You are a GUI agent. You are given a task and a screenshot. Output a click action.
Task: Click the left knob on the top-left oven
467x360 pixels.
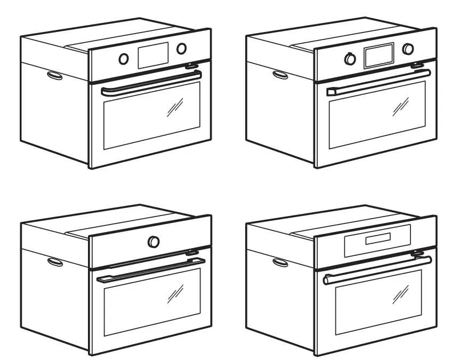pos(124,59)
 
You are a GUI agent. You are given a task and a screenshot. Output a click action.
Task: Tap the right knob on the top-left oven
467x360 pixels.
pos(182,49)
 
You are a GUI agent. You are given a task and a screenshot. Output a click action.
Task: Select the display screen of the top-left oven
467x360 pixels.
pos(153,54)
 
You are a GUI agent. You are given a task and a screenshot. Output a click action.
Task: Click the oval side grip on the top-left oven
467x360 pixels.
pos(54,76)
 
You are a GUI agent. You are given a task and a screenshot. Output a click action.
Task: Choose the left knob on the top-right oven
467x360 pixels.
pos(350,59)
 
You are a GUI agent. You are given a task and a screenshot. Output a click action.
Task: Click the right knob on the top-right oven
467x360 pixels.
pos(408,49)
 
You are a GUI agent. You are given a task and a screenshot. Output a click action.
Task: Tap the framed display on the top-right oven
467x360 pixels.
pos(379,55)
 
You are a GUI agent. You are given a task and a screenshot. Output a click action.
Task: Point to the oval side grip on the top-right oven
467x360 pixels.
pos(280,75)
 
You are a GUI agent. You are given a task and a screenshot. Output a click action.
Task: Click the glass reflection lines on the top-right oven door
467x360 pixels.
pos(401,107)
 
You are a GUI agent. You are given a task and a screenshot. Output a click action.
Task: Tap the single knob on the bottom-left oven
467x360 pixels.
pos(154,242)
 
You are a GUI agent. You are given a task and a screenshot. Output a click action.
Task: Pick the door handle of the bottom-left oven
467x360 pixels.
pos(152,269)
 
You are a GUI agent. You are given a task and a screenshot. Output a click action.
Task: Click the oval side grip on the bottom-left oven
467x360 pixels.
pos(54,262)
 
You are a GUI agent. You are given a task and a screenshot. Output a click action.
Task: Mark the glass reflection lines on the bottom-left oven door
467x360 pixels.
pos(175,292)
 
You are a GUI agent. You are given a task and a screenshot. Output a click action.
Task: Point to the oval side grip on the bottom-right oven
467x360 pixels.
pos(280,262)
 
